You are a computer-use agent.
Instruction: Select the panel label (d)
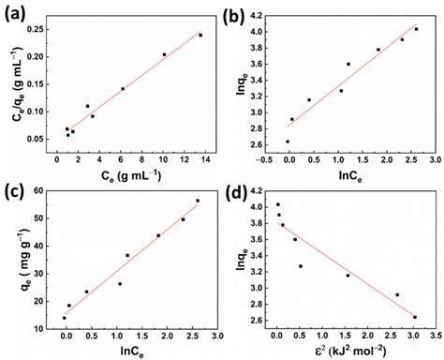point(240,192)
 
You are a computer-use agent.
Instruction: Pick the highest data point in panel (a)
point(200,35)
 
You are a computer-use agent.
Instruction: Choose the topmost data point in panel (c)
point(198,201)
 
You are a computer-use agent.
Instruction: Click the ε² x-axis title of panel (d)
point(354,352)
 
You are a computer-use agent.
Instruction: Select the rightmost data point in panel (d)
point(415,317)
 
